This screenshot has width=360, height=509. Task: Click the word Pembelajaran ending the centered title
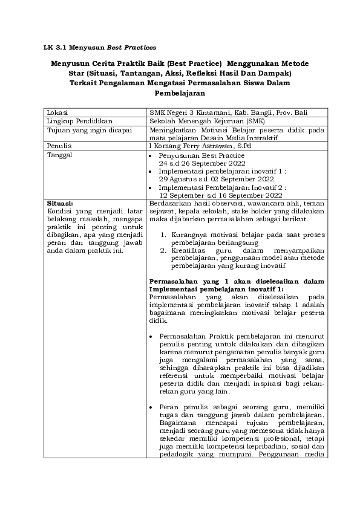tap(180, 94)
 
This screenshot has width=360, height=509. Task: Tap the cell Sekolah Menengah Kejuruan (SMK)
tap(195, 121)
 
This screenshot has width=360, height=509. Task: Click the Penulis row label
tap(59, 146)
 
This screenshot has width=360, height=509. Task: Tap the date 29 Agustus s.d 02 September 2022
tap(217, 180)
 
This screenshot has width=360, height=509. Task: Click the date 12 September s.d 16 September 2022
tap(220, 196)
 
